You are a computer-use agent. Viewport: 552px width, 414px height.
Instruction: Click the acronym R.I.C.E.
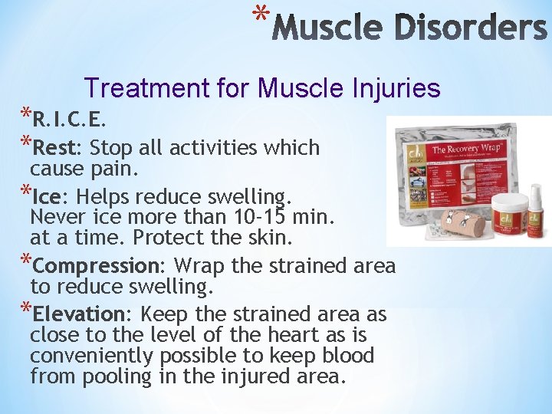tap(70, 120)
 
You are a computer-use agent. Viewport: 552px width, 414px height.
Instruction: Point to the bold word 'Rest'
tap(56, 146)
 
